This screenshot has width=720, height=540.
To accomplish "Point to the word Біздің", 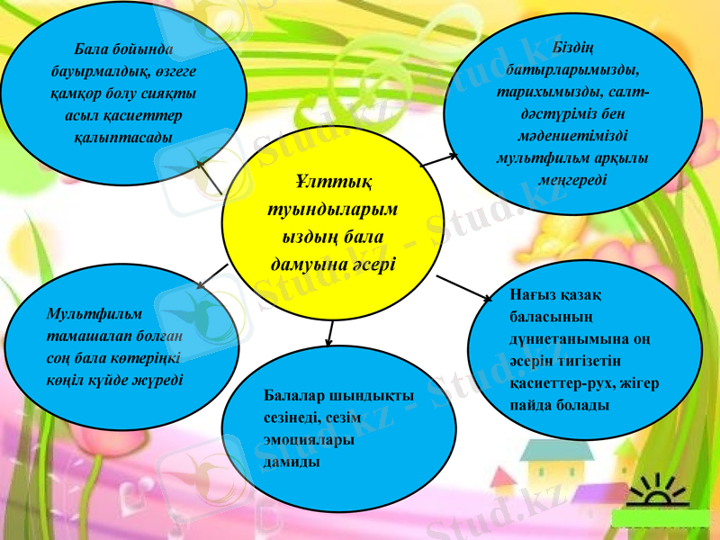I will click(573, 48).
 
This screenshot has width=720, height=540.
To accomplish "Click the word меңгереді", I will click(573, 179).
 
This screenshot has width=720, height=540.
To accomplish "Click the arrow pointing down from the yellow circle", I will click(330, 333).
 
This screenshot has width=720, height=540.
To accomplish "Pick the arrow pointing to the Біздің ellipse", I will click(438, 160).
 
